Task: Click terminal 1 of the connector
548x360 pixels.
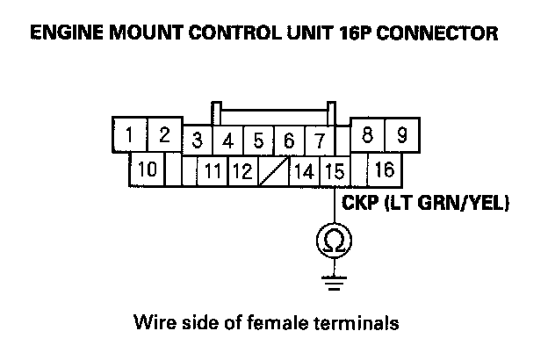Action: [x=129, y=136]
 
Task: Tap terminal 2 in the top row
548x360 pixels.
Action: [x=163, y=136]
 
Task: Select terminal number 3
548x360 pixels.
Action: [x=198, y=140]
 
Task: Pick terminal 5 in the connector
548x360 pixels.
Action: [x=258, y=140]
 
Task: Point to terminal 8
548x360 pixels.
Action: [x=368, y=136]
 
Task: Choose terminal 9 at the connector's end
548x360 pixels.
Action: [x=402, y=136]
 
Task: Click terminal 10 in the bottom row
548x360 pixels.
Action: [x=147, y=169]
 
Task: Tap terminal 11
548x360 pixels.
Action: [x=211, y=170]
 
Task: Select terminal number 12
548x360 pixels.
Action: [x=242, y=170]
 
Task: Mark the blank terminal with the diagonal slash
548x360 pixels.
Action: [x=272, y=170]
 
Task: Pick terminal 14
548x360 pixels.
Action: [x=303, y=170]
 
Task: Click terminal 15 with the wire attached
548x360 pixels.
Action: [x=334, y=170]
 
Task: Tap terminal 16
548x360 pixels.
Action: [x=385, y=169]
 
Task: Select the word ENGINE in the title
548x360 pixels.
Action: [x=63, y=35]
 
